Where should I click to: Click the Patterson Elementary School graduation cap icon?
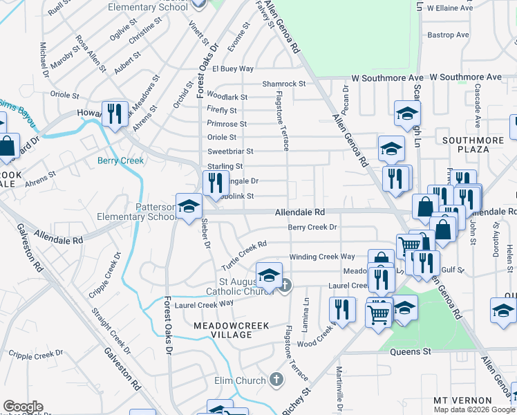click(x=189, y=205)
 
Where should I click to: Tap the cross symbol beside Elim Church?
click(x=276, y=380)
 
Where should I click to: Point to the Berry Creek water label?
click(x=120, y=160)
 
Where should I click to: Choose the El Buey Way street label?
click(x=233, y=69)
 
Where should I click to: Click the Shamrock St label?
click(x=283, y=84)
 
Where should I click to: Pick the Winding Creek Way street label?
click(x=322, y=257)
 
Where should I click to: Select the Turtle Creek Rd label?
click(x=243, y=255)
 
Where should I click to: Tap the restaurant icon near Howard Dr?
click(x=115, y=113)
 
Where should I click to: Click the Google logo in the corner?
click(x=23, y=407)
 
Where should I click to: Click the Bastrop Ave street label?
click(x=449, y=35)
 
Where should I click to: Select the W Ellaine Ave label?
click(x=449, y=8)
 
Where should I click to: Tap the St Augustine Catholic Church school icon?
click(x=269, y=275)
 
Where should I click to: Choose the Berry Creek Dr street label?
click(x=312, y=227)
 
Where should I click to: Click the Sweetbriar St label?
click(x=231, y=151)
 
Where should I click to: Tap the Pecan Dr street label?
click(x=345, y=101)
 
